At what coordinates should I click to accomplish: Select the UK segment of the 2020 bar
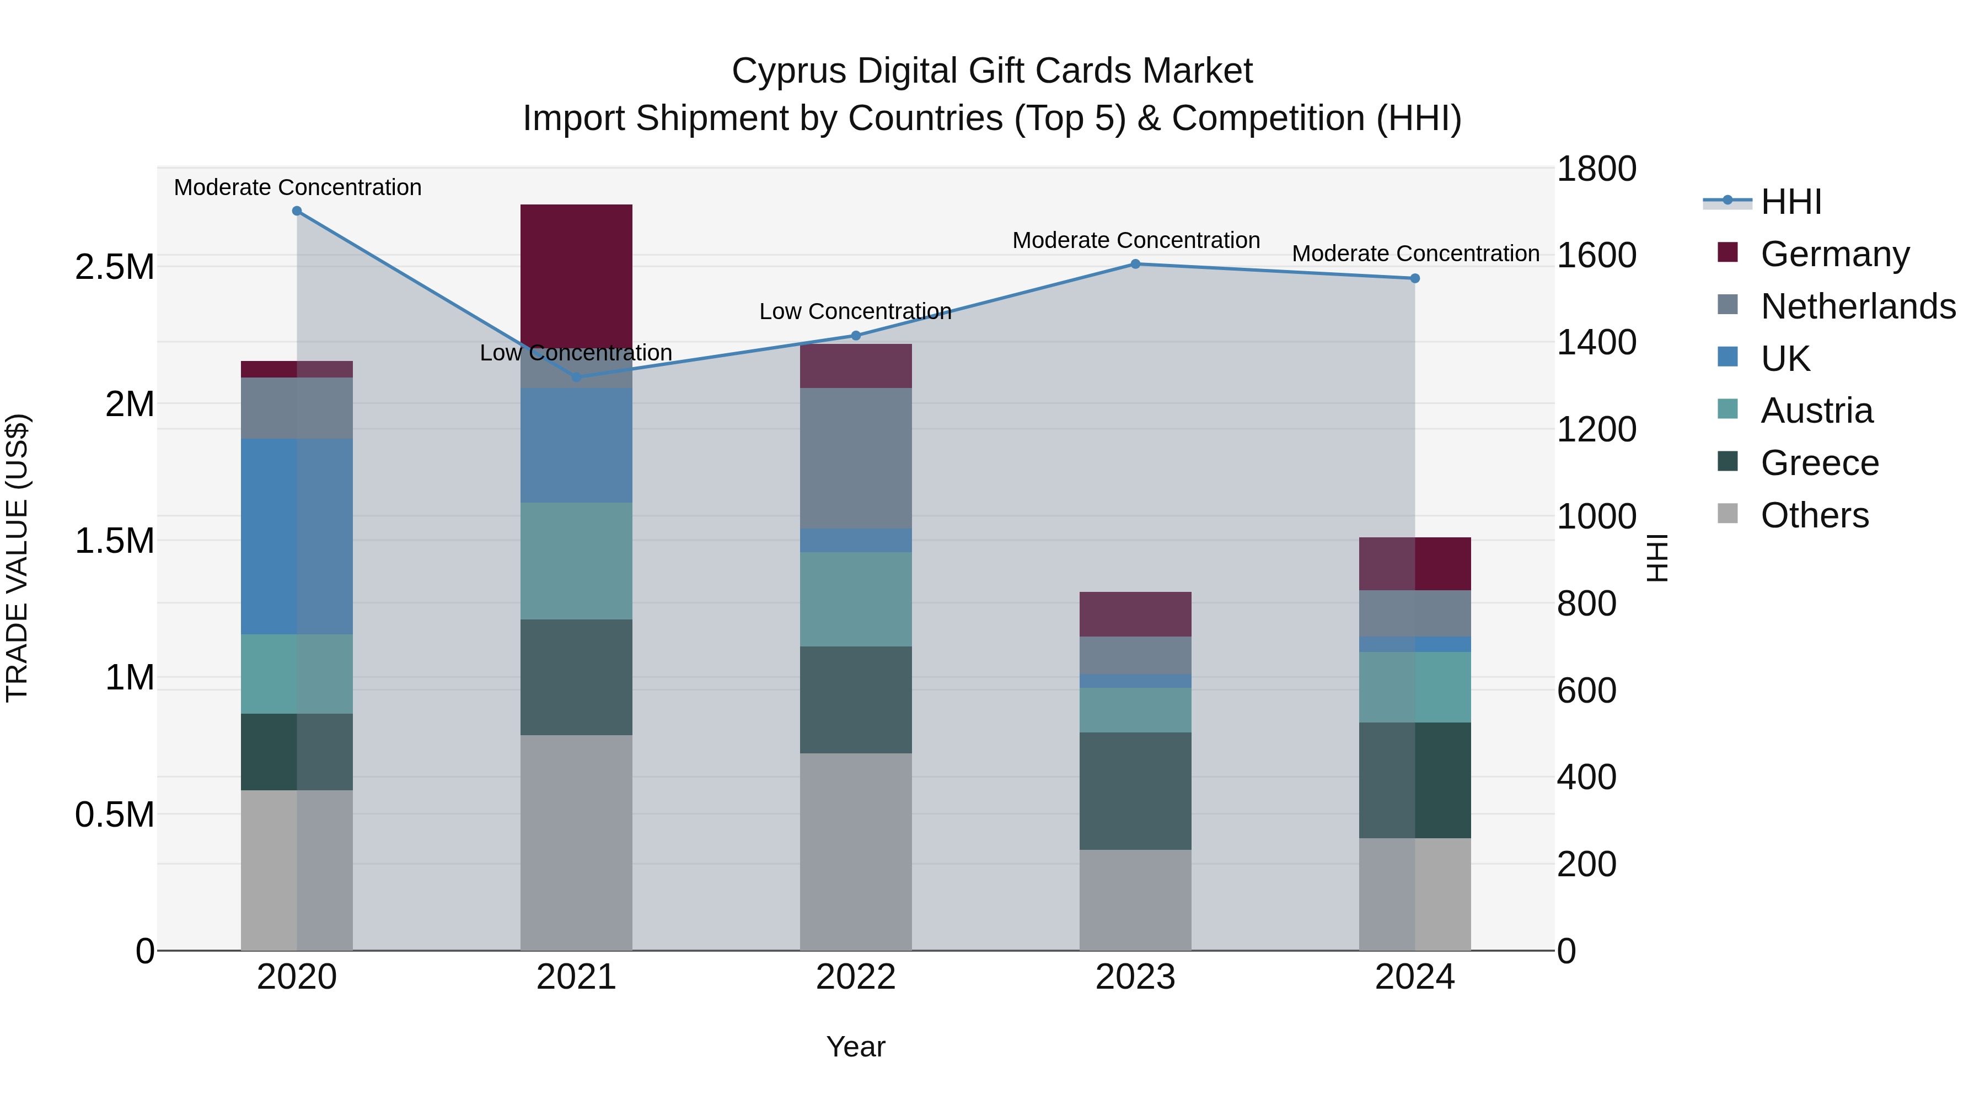(297, 536)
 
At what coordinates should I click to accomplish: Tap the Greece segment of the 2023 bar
(1135, 790)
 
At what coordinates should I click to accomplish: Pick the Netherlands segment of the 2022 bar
(855, 459)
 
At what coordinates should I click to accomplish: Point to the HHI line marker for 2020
(297, 211)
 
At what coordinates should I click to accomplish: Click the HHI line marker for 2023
(1135, 264)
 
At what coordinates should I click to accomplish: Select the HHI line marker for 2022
(855, 336)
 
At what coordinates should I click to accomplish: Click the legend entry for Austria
(1816, 411)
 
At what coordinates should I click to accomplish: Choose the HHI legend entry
(1790, 202)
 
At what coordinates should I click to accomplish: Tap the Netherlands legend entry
(1857, 306)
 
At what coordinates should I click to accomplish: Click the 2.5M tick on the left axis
(114, 267)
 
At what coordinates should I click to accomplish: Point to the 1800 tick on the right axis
(1596, 169)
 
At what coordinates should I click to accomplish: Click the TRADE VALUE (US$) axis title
(17, 558)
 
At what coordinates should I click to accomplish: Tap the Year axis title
(855, 1047)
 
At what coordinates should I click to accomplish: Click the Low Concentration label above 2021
(576, 353)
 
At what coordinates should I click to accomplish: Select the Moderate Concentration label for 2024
(1415, 254)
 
